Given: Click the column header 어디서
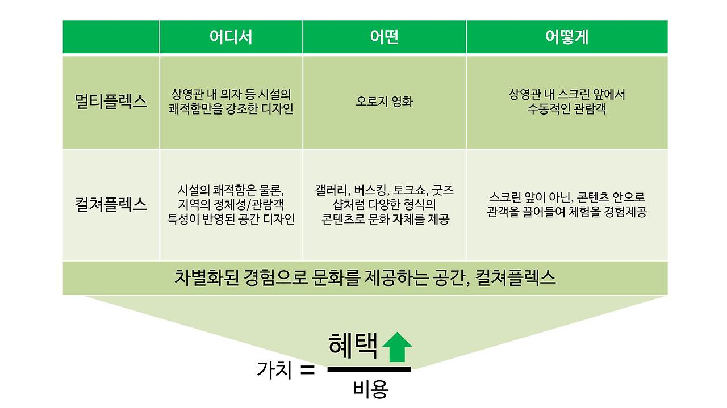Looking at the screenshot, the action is [x=231, y=37].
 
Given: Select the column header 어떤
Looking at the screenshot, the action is [x=384, y=37].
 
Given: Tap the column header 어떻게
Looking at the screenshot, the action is [x=566, y=37].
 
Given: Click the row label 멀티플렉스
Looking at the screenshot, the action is [x=111, y=102].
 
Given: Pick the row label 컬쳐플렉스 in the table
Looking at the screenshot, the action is [x=111, y=204].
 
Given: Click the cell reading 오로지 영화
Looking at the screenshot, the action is [x=384, y=102].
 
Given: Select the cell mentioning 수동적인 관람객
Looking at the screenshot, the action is [x=566, y=102].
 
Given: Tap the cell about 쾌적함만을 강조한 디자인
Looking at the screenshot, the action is [x=231, y=102].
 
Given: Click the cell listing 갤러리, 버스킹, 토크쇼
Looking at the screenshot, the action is [x=384, y=204].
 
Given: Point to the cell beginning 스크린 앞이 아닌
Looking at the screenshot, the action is [x=566, y=205].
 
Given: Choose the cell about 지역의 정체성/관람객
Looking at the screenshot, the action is [x=231, y=204].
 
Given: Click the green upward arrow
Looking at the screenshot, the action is [x=397, y=347].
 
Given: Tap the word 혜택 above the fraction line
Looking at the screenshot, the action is [x=353, y=346].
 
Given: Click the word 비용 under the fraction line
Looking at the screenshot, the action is [x=370, y=389].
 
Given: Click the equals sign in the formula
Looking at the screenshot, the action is [x=307, y=371].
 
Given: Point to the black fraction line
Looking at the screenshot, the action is [x=369, y=369].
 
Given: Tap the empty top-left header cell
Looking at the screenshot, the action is [x=111, y=37].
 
